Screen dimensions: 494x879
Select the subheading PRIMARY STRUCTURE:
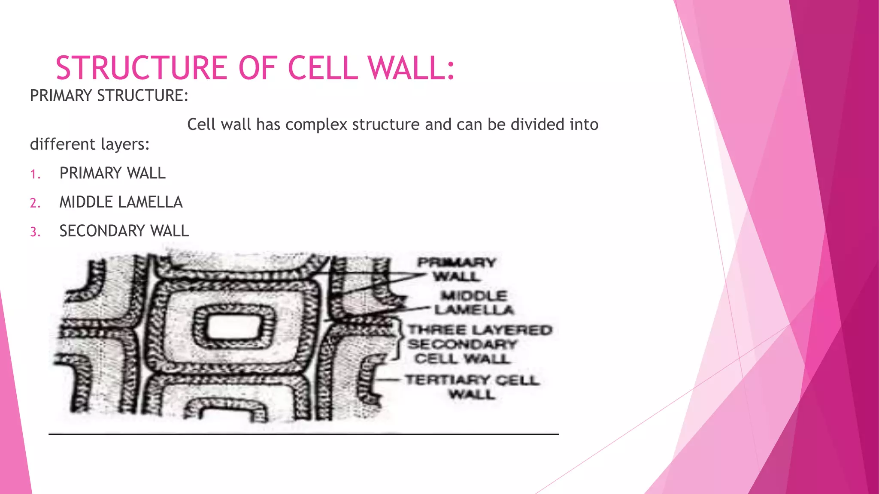tap(109, 96)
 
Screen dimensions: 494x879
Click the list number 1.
tap(35, 175)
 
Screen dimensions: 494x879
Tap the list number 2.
tap(35, 203)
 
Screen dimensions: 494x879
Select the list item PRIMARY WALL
tap(112, 173)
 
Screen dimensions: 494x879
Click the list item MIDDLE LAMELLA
tap(121, 202)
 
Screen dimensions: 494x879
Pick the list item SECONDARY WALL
tap(124, 231)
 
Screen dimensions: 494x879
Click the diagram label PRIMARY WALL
tap(457, 269)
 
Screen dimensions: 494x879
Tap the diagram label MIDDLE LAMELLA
tap(474, 302)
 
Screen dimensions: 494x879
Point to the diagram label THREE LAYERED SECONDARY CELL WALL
tap(479, 344)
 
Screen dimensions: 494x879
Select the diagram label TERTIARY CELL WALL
tap(472, 386)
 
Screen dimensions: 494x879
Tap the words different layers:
tap(90, 145)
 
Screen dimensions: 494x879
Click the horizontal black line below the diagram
tap(303, 434)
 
